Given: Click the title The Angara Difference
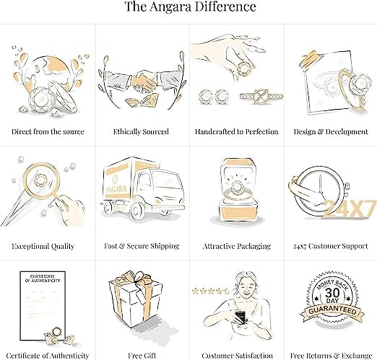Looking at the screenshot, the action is tap(190, 6).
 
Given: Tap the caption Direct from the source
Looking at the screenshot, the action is tap(48, 131).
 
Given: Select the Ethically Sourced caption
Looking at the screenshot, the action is tap(141, 131).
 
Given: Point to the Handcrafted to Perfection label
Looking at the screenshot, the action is tap(236, 131).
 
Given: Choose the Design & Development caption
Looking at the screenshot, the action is tap(331, 131).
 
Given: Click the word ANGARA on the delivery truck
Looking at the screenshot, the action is tap(116, 189).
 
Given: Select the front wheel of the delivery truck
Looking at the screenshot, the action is tap(138, 211).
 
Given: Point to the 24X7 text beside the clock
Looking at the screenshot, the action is tap(349, 208).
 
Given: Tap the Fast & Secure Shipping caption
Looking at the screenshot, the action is tap(142, 246).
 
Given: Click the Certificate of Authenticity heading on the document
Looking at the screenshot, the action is tap(43, 278).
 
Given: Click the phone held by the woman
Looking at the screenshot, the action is tap(240, 316).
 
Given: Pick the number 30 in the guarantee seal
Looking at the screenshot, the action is tap(332, 293).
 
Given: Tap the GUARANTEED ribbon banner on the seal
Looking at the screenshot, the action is tap(332, 312).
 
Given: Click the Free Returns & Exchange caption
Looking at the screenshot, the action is tap(331, 356).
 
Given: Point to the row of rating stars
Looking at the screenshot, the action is tap(211, 291).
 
